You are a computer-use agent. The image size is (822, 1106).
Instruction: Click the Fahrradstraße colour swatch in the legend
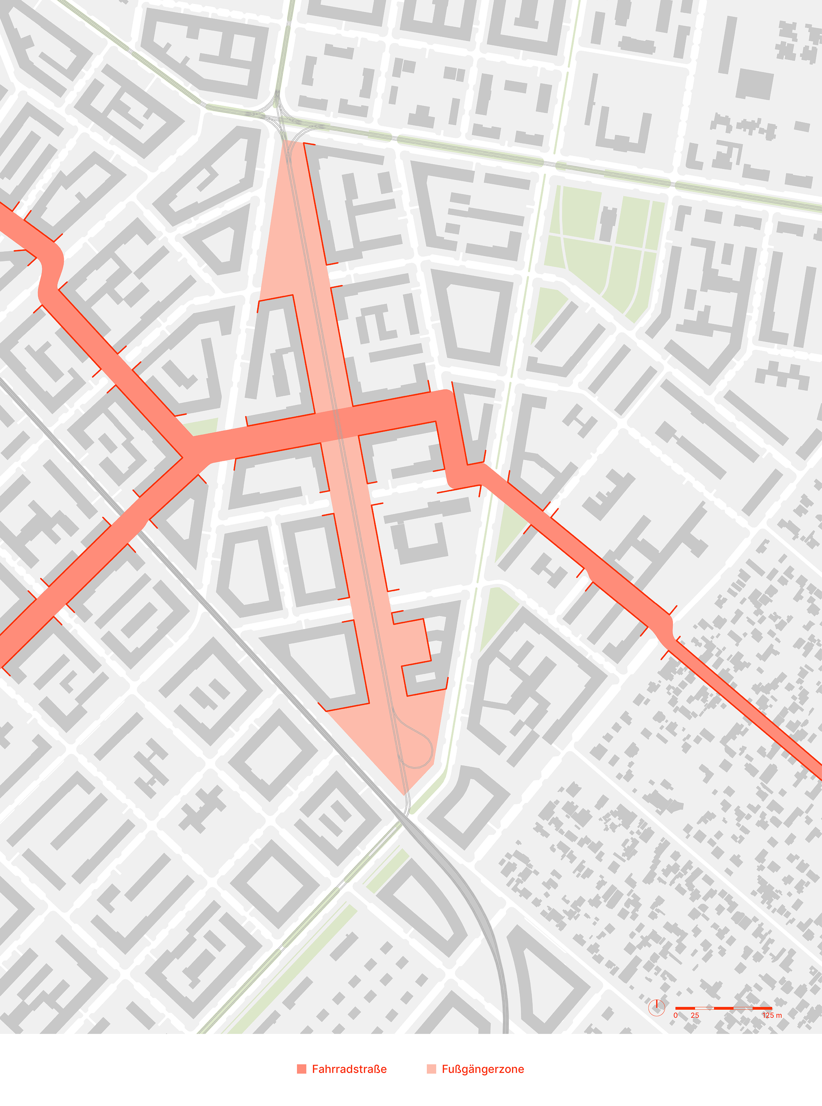point(302,1069)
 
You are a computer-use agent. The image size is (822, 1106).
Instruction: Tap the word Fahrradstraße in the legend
point(349,1069)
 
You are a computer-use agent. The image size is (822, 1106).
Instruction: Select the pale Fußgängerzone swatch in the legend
point(431,1069)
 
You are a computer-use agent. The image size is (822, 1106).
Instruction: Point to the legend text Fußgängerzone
point(483,1069)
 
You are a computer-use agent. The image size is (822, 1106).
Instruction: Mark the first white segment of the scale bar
point(704,1008)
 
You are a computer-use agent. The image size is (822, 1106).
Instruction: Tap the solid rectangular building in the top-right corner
point(754,83)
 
